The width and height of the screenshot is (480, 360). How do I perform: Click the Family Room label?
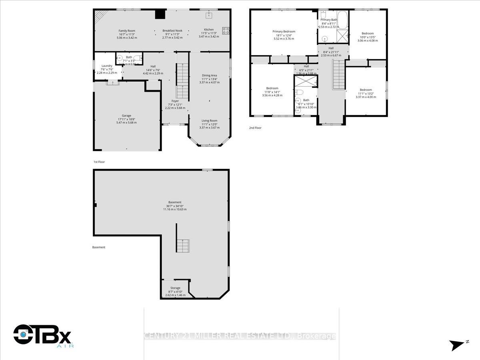tap(127, 31)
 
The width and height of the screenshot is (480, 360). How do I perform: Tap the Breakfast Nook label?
tap(172, 31)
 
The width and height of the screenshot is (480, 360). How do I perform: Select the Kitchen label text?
tap(209, 30)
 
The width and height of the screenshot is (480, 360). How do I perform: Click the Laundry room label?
tap(107, 66)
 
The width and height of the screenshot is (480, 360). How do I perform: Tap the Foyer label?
tap(175, 101)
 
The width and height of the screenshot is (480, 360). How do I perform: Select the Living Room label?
tap(209, 121)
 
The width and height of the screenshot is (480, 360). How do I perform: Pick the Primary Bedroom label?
tap(284, 31)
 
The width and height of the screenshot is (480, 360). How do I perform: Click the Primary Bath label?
tap(328, 20)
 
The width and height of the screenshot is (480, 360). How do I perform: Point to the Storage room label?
tap(175, 288)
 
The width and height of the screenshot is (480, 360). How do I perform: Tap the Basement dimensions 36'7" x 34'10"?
tap(175, 206)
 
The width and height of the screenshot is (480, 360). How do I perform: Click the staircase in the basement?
tap(183, 245)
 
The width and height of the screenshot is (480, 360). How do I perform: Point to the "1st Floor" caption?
tap(99, 162)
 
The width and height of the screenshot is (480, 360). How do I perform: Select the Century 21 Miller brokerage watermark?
tap(240, 336)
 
